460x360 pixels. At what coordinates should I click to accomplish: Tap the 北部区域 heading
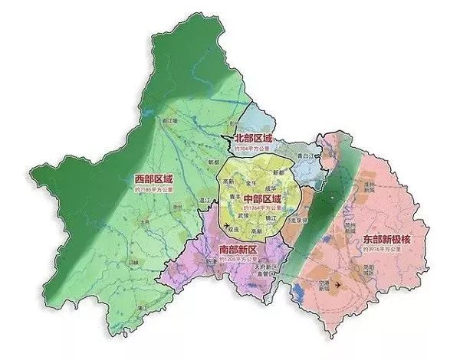tap(255, 139)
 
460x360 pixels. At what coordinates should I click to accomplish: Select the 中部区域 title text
tap(261, 198)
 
